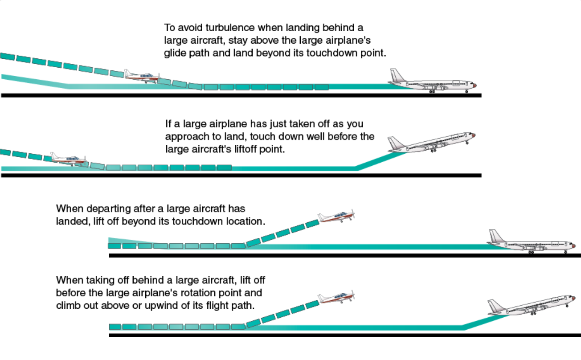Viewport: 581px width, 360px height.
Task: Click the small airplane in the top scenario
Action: tap(142, 76)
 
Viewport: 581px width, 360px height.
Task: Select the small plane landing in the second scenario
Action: tap(68, 159)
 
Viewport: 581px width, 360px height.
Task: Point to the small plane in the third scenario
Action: tap(336, 217)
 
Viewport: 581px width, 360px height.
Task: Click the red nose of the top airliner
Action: tap(475, 85)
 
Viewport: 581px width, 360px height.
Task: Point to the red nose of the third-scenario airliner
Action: tap(573, 245)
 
